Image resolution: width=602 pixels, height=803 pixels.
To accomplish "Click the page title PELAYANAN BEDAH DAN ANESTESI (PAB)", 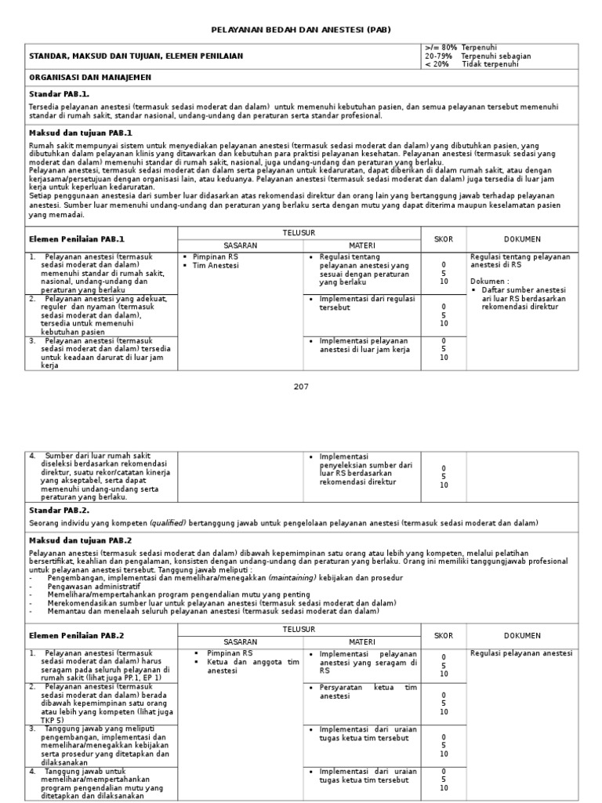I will pos(301,30).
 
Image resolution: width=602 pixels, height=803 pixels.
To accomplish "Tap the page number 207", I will pos(301,387).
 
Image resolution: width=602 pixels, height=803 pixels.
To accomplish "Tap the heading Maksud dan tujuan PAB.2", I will pos(81,540).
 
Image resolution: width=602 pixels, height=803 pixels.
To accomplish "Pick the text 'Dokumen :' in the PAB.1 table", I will pos(490,281).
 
